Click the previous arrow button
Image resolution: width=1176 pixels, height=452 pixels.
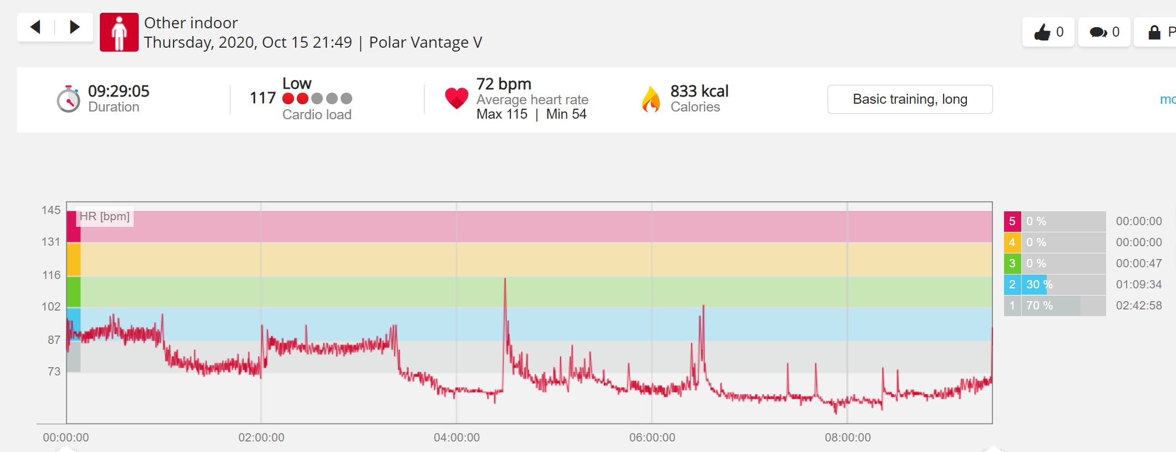coord(36,27)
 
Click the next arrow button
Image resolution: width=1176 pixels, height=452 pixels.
coord(74,27)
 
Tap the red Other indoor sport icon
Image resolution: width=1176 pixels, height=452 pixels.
coord(119,32)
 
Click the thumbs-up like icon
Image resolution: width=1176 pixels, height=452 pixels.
coord(1042,32)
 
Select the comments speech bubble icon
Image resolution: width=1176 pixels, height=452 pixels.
coord(1098,32)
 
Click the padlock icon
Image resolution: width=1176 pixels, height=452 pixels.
coord(1154,32)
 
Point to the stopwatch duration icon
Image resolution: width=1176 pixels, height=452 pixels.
coord(69,99)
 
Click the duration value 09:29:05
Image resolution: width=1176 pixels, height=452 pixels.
coord(119,91)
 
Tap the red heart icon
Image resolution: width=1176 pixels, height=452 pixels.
coord(457,98)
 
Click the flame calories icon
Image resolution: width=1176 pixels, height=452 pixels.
coord(651,99)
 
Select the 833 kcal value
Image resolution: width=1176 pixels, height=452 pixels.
coord(699,91)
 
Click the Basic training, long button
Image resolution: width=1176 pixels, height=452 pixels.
coord(910,99)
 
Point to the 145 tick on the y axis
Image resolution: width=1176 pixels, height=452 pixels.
coord(51,210)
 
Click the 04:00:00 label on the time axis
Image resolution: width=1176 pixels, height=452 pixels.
coord(457,438)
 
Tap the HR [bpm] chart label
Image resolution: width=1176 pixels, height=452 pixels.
coord(105,216)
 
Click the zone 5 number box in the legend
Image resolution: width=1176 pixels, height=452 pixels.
coord(1012,221)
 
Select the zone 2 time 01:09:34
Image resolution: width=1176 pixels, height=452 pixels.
coord(1139,285)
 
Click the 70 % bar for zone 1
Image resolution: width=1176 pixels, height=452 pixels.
coord(1051,306)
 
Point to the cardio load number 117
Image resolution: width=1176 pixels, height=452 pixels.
coord(262,98)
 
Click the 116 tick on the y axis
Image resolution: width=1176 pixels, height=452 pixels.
coord(52,275)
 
